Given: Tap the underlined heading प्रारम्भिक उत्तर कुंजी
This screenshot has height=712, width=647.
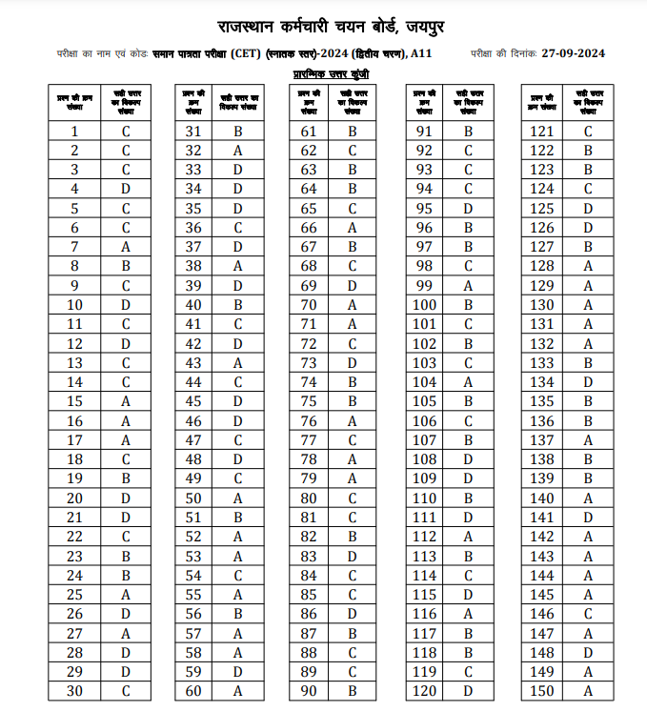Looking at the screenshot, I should tap(331, 73).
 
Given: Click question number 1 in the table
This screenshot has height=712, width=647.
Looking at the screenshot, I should tap(74, 132).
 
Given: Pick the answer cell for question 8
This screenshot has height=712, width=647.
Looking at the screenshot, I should tap(126, 266).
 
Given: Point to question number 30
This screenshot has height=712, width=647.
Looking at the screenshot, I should tap(74, 691).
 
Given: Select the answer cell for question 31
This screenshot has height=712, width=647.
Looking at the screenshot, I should tap(238, 132).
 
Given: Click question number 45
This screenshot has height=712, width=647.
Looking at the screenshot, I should tap(193, 401).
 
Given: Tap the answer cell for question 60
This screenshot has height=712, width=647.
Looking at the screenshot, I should tap(238, 691).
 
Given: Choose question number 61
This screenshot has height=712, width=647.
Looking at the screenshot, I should tap(309, 132).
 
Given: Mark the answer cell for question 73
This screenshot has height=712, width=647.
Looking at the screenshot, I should tap(353, 363).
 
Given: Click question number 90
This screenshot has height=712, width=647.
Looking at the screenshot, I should tap(309, 691).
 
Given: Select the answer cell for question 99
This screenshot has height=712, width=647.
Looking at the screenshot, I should tap(468, 286).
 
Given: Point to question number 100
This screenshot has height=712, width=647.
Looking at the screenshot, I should tap(425, 305).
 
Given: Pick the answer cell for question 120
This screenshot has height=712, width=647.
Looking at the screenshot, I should tap(468, 691).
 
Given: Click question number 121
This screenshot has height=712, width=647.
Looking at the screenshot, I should tap(542, 132).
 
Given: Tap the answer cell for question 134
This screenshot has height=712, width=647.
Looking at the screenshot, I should tap(588, 382).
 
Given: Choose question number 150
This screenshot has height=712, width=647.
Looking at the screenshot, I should tap(542, 691).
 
